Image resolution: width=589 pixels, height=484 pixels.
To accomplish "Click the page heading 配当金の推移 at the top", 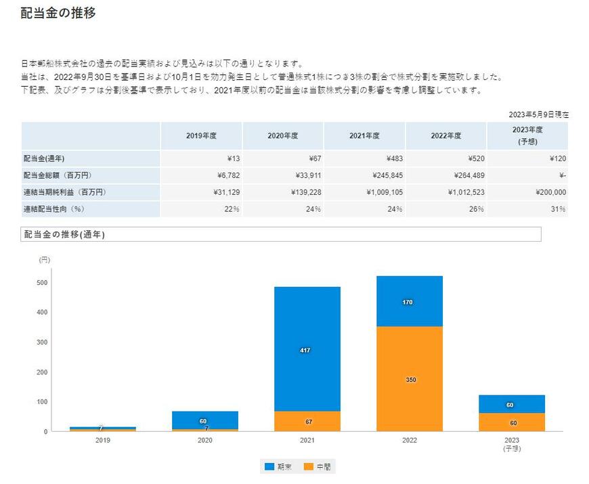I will pos(58,13).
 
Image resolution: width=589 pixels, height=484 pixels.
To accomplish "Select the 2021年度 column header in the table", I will pos(364,136).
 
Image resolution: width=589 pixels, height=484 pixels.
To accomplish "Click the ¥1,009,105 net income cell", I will pos(384,192).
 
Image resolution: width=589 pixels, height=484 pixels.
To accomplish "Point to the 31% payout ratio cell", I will pos(559,209).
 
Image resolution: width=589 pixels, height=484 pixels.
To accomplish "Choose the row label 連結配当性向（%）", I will pos(53,209).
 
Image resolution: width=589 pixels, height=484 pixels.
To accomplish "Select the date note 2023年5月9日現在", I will pos(538,115).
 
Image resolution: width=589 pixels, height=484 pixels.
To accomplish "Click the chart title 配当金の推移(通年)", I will pos(64,234).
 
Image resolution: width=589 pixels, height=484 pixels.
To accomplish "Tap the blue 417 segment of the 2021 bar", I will pos(307,349).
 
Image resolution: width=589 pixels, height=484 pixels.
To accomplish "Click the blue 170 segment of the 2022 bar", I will pos(409,302).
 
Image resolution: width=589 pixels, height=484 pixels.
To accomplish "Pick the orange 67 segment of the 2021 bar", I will pos(307,422).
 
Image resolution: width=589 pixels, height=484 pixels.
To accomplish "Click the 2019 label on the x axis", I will pos(103,440).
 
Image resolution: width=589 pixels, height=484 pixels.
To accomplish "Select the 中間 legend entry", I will pos(318,466).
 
